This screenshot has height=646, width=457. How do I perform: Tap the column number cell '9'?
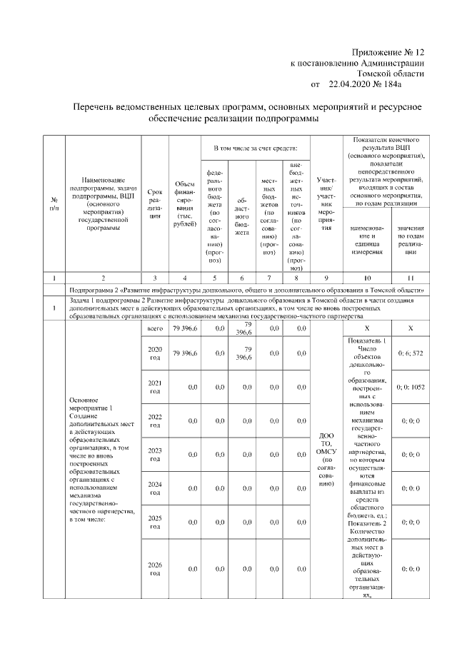[x=326, y=275]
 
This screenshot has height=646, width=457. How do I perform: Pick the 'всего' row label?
[x=154, y=328]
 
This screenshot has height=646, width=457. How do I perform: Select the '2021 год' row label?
[x=154, y=387]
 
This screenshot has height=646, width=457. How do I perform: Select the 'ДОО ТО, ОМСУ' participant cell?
[x=326, y=458]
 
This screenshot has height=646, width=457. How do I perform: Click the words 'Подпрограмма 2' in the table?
[x=96, y=291]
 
